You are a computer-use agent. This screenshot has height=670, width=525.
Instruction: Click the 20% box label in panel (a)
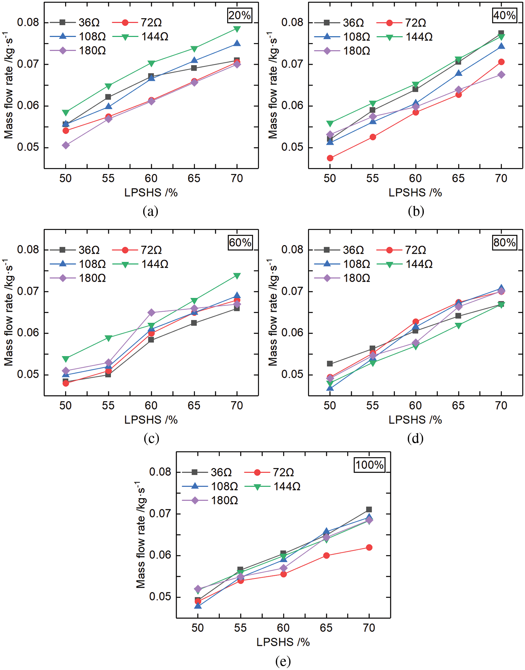coord(239,15)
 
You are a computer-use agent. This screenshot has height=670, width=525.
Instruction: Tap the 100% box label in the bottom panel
coord(370,465)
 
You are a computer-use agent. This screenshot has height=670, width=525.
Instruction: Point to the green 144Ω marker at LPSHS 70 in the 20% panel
coord(237,29)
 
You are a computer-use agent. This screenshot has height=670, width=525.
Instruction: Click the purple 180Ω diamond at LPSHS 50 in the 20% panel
coord(66,145)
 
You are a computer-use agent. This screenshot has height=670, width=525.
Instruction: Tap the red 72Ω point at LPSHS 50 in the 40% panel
coord(330,158)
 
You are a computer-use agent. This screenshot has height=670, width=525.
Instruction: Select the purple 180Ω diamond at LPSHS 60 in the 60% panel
coord(151,312)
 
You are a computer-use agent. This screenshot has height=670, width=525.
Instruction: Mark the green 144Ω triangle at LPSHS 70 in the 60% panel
coord(237,276)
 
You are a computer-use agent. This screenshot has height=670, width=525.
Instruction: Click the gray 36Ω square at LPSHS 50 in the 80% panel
coord(330,364)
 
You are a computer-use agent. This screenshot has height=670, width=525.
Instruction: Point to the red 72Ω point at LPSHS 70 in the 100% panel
coord(369,547)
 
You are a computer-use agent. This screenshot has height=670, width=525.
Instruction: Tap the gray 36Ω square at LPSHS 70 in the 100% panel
coord(369,509)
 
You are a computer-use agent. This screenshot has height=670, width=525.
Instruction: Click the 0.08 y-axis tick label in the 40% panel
coord(292,22)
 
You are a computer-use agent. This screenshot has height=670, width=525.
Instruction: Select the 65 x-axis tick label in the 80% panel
coord(458,405)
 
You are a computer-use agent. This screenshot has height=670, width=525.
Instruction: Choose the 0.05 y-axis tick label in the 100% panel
coord(160,596)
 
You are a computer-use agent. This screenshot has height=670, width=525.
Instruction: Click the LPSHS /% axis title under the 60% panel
coord(151,420)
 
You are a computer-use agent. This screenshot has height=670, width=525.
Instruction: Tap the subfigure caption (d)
coord(415,438)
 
